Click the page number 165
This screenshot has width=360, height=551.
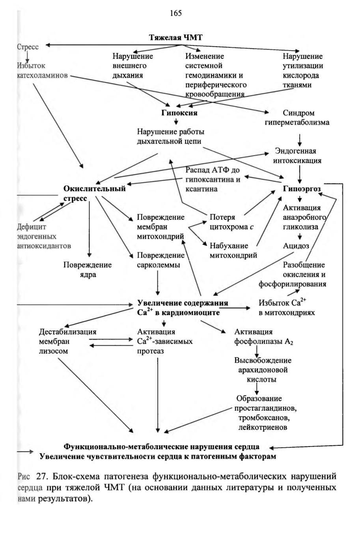click(176, 13)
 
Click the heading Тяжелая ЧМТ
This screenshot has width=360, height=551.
click(175, 37)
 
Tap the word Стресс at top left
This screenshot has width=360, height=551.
click(28, 47)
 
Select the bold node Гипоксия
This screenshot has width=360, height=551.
click(179, 113)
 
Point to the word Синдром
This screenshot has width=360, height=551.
click(298, 113)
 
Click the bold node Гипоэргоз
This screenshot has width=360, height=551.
click(302, 189)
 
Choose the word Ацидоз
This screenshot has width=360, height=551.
click(296, 246)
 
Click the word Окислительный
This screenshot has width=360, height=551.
click(94, 189)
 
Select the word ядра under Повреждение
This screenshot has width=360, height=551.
click(88, 275)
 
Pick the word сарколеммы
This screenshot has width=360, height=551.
click(159, 265)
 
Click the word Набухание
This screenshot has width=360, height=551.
click(229, 246)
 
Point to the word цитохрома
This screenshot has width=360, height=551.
click(229, 227)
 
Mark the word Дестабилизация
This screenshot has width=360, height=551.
click(67, 332)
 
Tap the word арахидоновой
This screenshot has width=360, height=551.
click(263, 370)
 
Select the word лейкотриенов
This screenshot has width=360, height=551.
click(263, 427)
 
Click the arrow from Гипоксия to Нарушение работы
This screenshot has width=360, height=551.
click(176, 121)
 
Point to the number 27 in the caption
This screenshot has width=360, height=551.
click(41, 476)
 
